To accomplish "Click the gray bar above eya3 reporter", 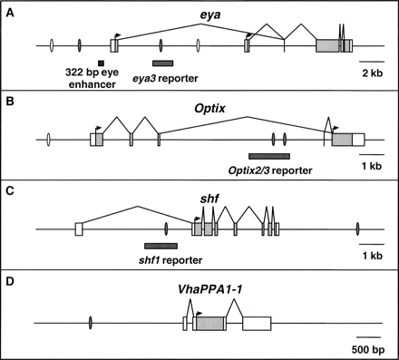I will (163, 63).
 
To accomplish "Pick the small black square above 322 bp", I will (88, 62).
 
